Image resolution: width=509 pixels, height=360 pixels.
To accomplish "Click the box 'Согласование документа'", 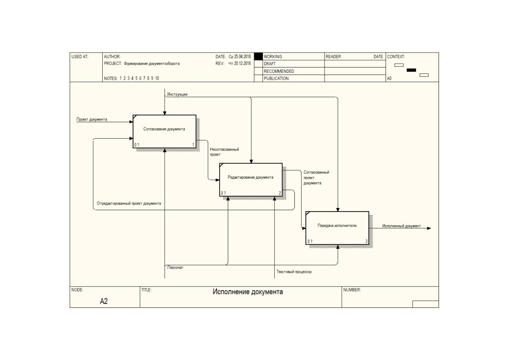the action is pos(164,131).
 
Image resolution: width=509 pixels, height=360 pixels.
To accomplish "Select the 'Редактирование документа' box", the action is pos(251,180).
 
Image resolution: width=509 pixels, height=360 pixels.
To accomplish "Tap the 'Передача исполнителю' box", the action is pos(337,228).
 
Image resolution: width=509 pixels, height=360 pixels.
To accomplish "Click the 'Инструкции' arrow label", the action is pos(177,94).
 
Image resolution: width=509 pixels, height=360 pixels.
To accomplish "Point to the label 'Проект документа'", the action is pos(92,119).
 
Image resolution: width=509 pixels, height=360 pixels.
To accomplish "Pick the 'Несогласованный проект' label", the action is pos(224,152).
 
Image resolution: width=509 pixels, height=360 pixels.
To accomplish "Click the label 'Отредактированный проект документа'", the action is pos(129,203).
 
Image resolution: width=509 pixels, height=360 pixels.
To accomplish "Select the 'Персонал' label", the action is pos(175,268).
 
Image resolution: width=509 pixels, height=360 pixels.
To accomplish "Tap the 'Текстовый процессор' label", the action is pos(294,272).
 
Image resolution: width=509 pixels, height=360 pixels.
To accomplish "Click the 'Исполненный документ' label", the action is pos(401,226).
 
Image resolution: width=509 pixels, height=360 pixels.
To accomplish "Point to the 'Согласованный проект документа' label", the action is pos(316,177).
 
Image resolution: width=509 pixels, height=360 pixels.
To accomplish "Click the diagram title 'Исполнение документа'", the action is pos(248,292).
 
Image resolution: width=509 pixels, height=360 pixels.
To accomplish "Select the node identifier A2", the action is pos(104,301).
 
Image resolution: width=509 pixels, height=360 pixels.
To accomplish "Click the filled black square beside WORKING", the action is pos(258,56).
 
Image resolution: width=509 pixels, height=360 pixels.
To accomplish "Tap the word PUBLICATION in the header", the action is pos(276,78).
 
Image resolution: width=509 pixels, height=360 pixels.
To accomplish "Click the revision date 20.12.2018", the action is pos(242,63).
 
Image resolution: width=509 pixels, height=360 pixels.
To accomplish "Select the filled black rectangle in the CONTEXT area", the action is pos(411,70).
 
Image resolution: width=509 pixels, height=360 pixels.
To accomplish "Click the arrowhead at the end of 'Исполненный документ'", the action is pos(429,228).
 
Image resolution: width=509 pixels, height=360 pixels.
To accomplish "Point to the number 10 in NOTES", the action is pos(157,78).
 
